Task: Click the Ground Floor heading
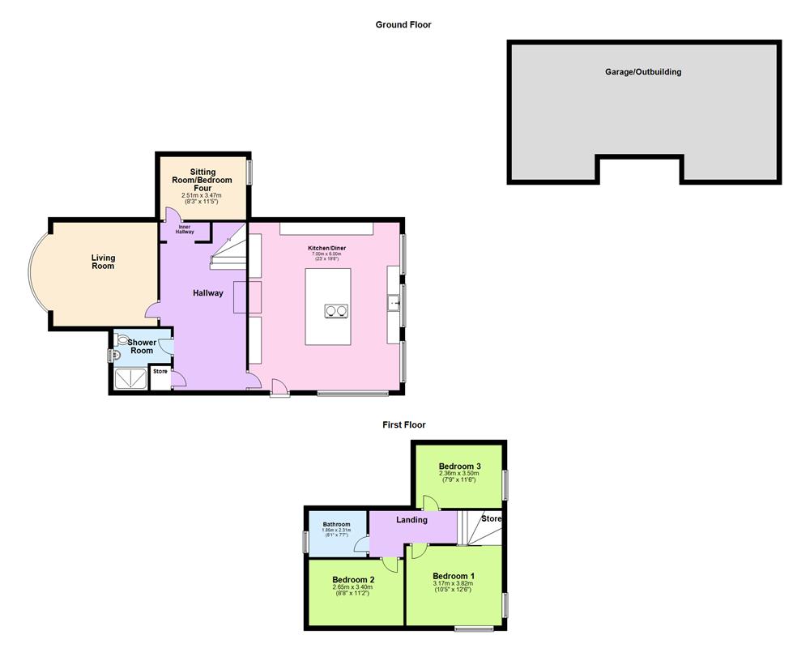click(x=403, y=25)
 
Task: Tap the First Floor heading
click(x=404, y=424)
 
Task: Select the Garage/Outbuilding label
click(x=643, y=72)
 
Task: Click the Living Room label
click(x=103, y=262)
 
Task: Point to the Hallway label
click(x=207, y=293)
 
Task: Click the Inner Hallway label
click(x=185, y=229)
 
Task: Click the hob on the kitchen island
click(x=336, y=310)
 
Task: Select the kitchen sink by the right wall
click(x=394, y=304)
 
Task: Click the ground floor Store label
click(x=160, y=372)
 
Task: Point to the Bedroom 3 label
click(x=460, y=467)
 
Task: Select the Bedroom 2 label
click(x=353, y=580)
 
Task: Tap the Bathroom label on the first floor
click(x=336, y=524)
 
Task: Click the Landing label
click(x=411, y=520)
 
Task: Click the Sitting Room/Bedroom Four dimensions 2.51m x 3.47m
click(x=202, y=196)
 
